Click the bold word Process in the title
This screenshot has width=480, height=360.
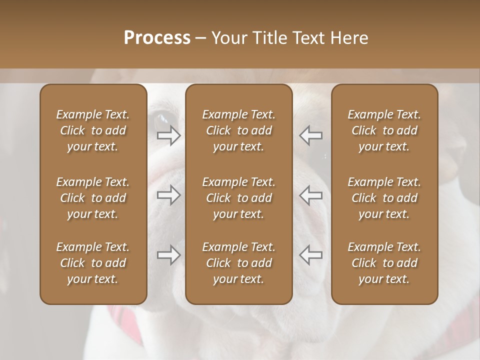[157, 37]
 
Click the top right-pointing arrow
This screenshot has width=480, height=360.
[169, 135]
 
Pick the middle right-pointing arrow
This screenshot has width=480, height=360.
[169, 195]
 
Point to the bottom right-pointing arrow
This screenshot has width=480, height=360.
[169, 255]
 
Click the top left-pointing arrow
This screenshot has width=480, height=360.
[311, 135]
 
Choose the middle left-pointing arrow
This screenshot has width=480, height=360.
[311, 195]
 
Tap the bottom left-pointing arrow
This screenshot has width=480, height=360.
[311, 255]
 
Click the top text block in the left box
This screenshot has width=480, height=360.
[93, 130]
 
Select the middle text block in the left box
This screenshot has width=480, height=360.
[93, 198]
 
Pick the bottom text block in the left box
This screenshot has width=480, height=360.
[93, 263]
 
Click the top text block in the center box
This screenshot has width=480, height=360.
[239, 130]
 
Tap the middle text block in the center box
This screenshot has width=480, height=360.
[239, 198]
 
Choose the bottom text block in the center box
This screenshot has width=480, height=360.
[239, 263]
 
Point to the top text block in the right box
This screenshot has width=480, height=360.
[384, 130]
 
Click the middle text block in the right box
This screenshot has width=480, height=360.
[384, 198]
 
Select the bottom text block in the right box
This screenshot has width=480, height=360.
[384, 263]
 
